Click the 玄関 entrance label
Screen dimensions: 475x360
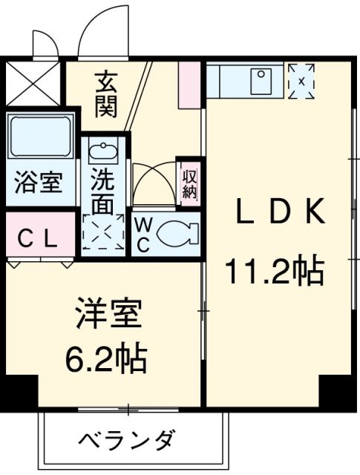point(106,92)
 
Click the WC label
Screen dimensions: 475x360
point(143,234)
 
